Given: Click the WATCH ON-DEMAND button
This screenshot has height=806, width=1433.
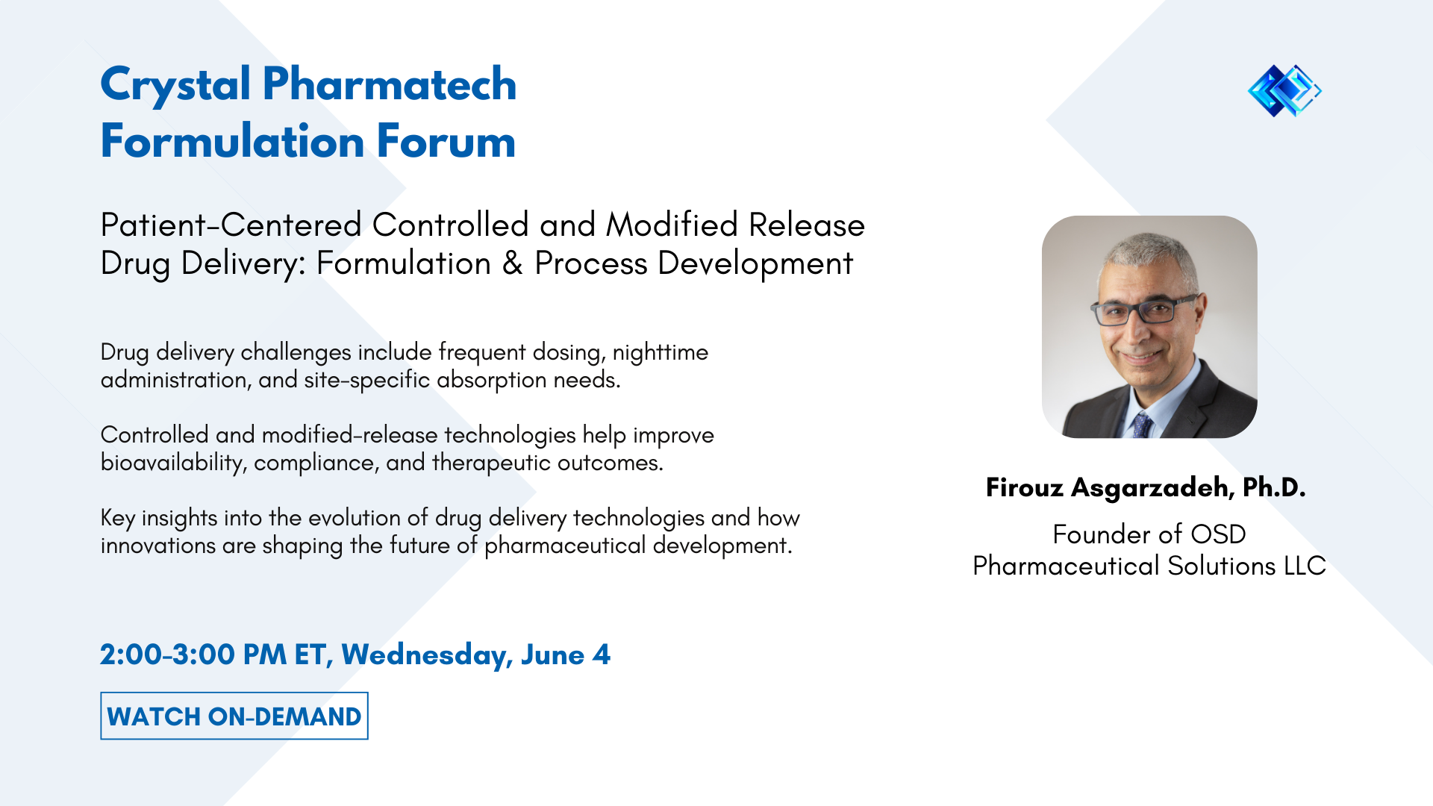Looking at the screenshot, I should tap(234, 716).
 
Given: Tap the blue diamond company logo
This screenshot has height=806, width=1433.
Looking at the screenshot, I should tap(1284, 90).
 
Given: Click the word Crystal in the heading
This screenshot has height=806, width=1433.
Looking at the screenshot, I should tap(175, 84).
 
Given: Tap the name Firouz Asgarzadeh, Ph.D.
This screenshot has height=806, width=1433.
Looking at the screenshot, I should tap(1146, 487).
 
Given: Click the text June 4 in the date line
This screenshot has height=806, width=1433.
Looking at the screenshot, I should tap(566, 655).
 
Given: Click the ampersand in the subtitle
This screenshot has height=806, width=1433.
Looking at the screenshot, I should tap(513, 263).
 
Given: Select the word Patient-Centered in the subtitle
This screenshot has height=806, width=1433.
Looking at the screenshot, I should tap(231, 225).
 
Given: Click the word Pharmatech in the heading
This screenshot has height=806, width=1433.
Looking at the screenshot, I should tap(389, 84).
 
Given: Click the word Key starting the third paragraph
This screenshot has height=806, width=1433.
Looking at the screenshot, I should tap(118, 518).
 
